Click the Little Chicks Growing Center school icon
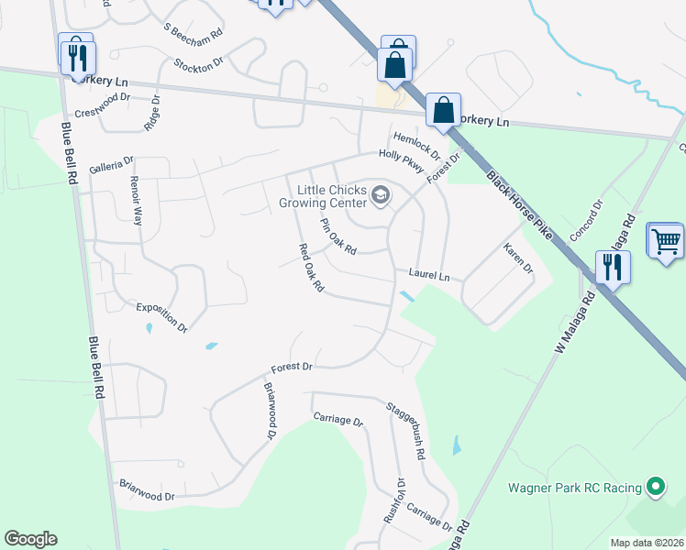tap(381, 195)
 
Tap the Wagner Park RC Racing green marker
tap(656, 487)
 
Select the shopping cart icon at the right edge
tap(666, 241)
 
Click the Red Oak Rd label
tap(312, 268)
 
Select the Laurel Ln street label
tap(429, 276)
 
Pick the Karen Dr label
tap(517, 258)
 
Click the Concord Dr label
tap(585, 220)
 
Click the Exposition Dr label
tap(161, 316)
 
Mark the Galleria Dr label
tap(111, 165)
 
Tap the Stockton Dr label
tap(198, 64)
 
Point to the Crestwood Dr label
tap(104, 106)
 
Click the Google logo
tap(30, 539)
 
